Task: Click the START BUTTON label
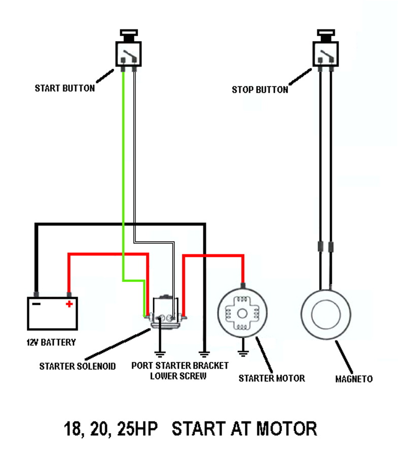tap(64, 88)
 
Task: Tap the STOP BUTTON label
tap(260, 90)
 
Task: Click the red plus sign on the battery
tap(69, 304)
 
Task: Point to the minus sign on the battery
tap(37, 304)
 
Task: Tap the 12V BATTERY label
tap(51, 342)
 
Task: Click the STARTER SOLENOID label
tap(77, 366)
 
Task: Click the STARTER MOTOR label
tap(272, 378)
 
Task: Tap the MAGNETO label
tap(354, 379)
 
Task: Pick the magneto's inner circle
tap(325, 313)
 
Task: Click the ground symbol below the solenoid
tap(160, 352)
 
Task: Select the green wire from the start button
tap(123, 178)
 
